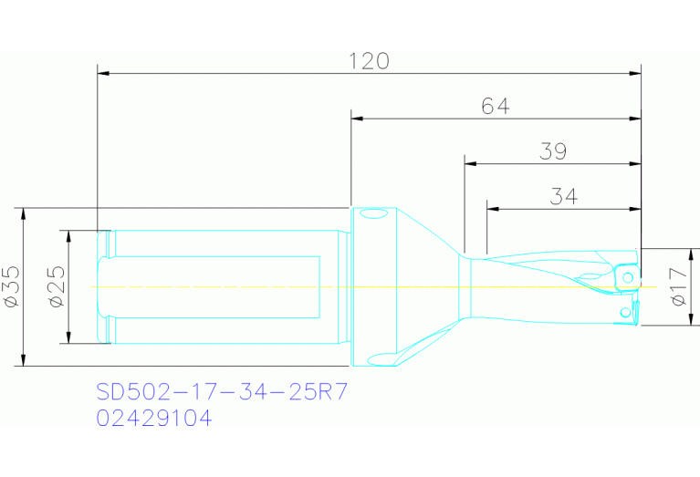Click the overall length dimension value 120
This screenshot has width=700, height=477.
click(370, 61)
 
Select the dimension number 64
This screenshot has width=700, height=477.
click(495, 107)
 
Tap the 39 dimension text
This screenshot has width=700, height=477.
click(553, 151)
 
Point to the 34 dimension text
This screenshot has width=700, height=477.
click(564, 196)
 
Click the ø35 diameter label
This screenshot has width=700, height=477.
click(12, 286)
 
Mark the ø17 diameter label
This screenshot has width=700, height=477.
click(677, 286)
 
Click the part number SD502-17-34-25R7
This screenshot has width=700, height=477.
click(222, 393)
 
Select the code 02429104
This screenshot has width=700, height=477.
click(154, 419)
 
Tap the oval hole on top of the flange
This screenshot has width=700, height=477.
click(371, 216)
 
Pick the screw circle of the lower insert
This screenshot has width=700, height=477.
click(625, 313)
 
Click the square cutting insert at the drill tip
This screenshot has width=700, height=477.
click(627, 275)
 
